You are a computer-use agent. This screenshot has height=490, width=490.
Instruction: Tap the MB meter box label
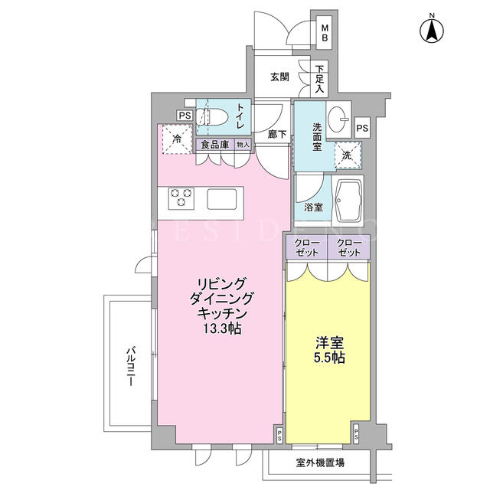(325, 33)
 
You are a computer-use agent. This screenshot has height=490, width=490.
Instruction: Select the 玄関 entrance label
(279, 77)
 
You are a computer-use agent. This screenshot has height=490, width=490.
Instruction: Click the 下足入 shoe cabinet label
(319, 79)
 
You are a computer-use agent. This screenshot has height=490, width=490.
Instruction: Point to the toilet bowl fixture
(211, 117)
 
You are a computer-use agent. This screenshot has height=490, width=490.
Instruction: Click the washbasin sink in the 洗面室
(338, 119)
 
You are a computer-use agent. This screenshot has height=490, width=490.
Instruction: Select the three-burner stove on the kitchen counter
(181, 198)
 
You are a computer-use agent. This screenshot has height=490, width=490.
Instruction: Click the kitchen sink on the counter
(221, 199)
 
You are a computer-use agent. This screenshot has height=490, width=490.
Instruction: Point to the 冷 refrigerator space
(177, 139)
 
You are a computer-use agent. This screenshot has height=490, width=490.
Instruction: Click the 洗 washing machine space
(348, 155)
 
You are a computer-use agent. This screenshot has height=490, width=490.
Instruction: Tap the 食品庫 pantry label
(214, 145)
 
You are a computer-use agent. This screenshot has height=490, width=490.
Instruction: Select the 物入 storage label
(243, 145)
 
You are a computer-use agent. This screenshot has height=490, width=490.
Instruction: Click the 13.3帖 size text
(222, 328)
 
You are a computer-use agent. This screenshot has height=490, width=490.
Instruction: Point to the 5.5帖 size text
(329, 358)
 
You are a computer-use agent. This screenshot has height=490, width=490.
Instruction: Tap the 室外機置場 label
(320, 462)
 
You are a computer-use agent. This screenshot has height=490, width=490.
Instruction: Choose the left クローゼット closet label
(306, 247)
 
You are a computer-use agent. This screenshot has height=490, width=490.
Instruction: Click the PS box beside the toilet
(185, 116)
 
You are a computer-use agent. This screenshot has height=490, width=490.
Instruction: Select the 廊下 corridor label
(277, 135)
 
